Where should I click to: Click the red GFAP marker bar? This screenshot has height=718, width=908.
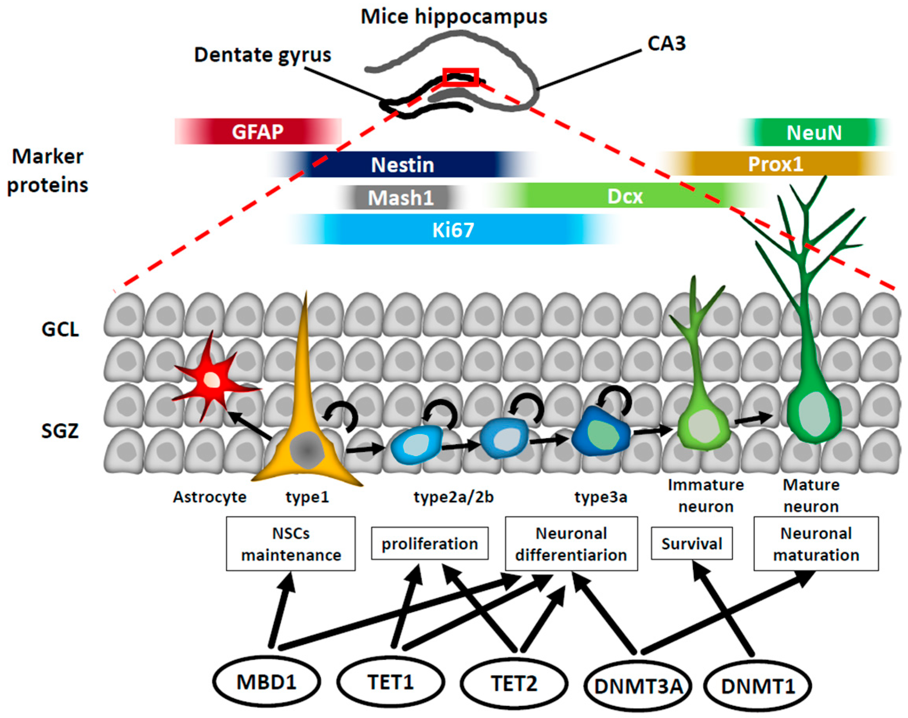pos(258,132)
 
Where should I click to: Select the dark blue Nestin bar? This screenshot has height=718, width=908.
pos(402,164)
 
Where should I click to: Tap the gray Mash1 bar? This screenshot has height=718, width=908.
pos(400,198)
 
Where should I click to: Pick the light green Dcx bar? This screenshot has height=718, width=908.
pos(625,196)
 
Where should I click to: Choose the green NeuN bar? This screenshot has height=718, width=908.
pos(814,132)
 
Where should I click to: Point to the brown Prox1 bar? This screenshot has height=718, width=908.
pos(776,164)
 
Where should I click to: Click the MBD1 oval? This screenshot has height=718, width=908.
pos(266,682)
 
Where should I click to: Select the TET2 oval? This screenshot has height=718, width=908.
pos(514,683)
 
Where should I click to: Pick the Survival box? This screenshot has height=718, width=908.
pos(691,543)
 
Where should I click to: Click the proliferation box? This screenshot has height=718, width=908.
pos(429,543)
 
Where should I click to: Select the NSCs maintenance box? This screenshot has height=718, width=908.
pos(291,544)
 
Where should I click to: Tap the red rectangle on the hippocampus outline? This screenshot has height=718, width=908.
pos(460,77)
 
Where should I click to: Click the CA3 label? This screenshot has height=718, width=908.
pos(666,43)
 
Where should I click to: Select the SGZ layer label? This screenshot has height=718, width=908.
pos(60,431)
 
